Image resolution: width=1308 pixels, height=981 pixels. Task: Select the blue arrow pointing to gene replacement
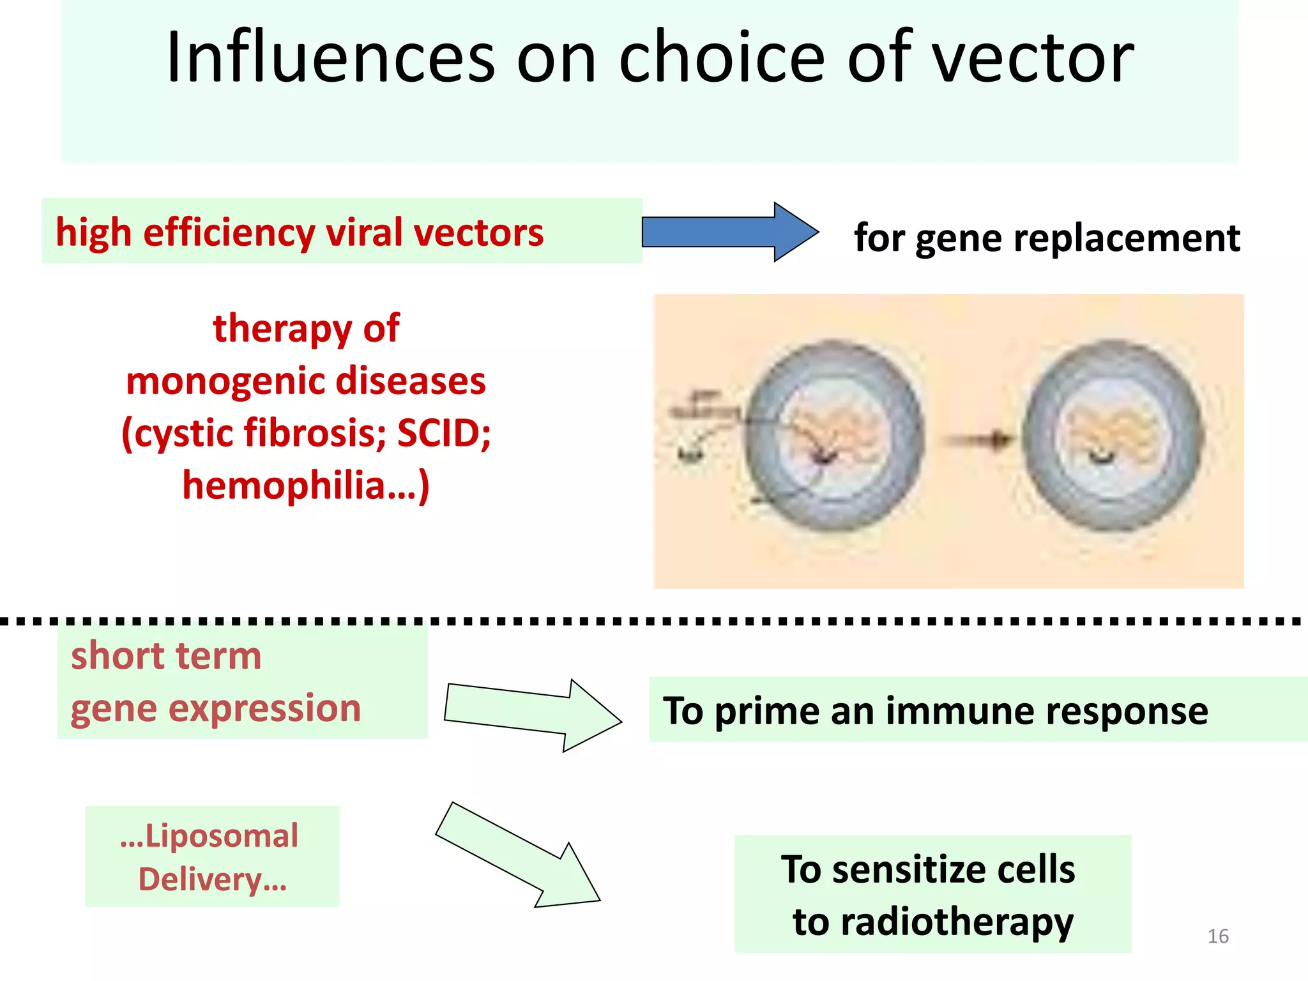[728, 232]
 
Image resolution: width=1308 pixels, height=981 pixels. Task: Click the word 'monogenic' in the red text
[225, 381]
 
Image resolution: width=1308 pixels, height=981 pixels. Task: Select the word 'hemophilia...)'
[306, 485]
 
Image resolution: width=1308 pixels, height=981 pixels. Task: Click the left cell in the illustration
[834, 436]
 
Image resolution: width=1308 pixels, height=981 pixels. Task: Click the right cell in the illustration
[1113, 436]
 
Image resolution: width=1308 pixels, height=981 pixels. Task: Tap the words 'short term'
[166, 657]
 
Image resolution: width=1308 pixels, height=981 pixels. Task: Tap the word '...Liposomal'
[209, 835]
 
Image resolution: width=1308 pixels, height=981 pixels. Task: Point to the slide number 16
[1218, 936]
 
